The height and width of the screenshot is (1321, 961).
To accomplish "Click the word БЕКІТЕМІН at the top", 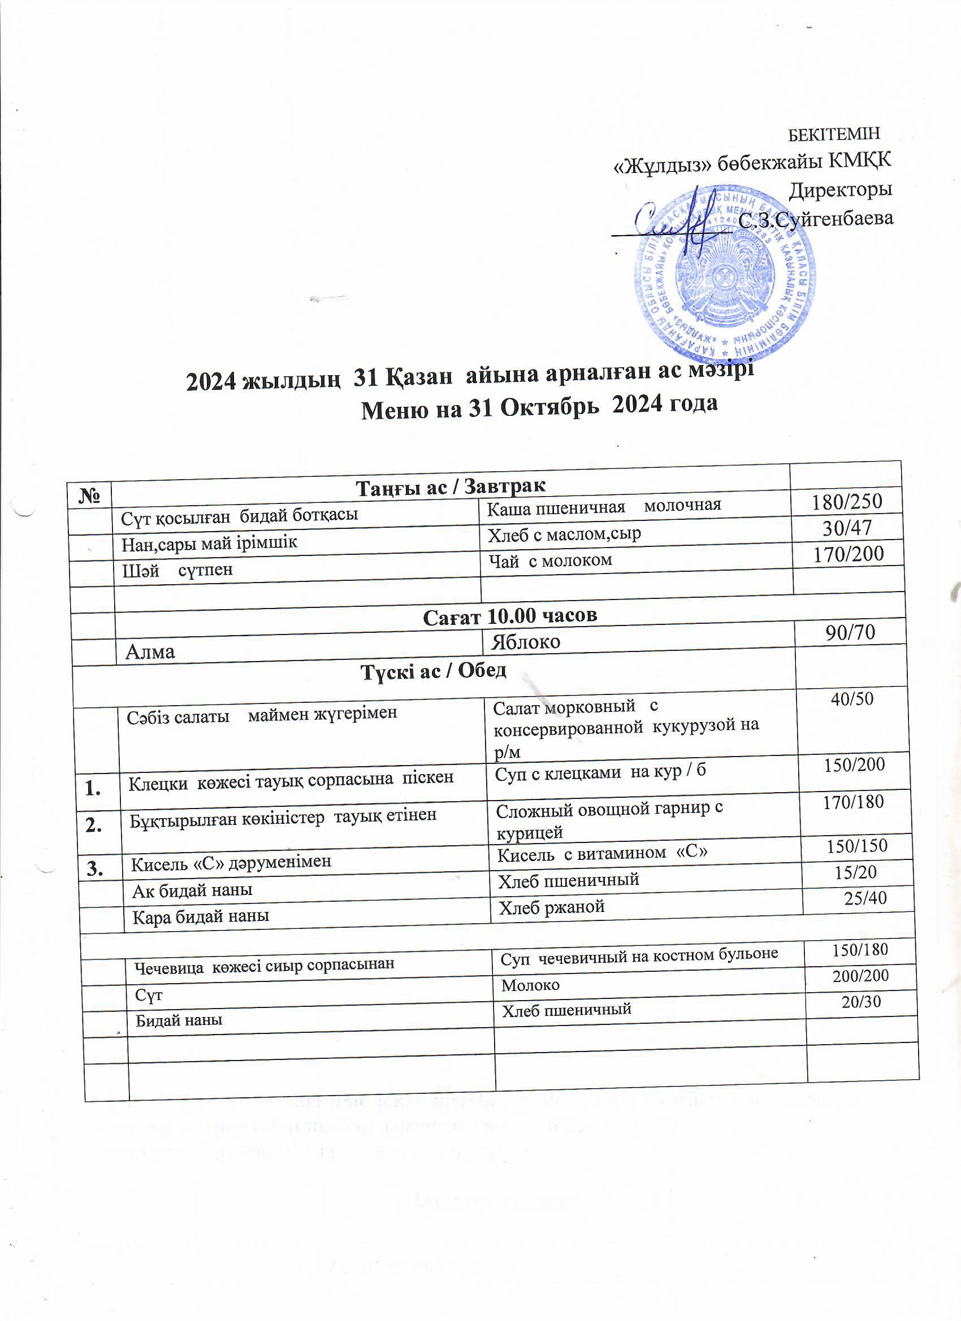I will (834, 134).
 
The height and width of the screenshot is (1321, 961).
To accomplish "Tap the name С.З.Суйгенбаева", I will (815, 219).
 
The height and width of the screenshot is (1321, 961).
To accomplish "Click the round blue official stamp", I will (726, 274).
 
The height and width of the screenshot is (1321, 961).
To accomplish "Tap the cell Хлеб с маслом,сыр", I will (564, 533).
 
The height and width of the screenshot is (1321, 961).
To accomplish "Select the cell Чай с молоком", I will (549, 560).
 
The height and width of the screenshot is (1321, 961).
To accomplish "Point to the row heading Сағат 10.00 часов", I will (509, 616).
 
